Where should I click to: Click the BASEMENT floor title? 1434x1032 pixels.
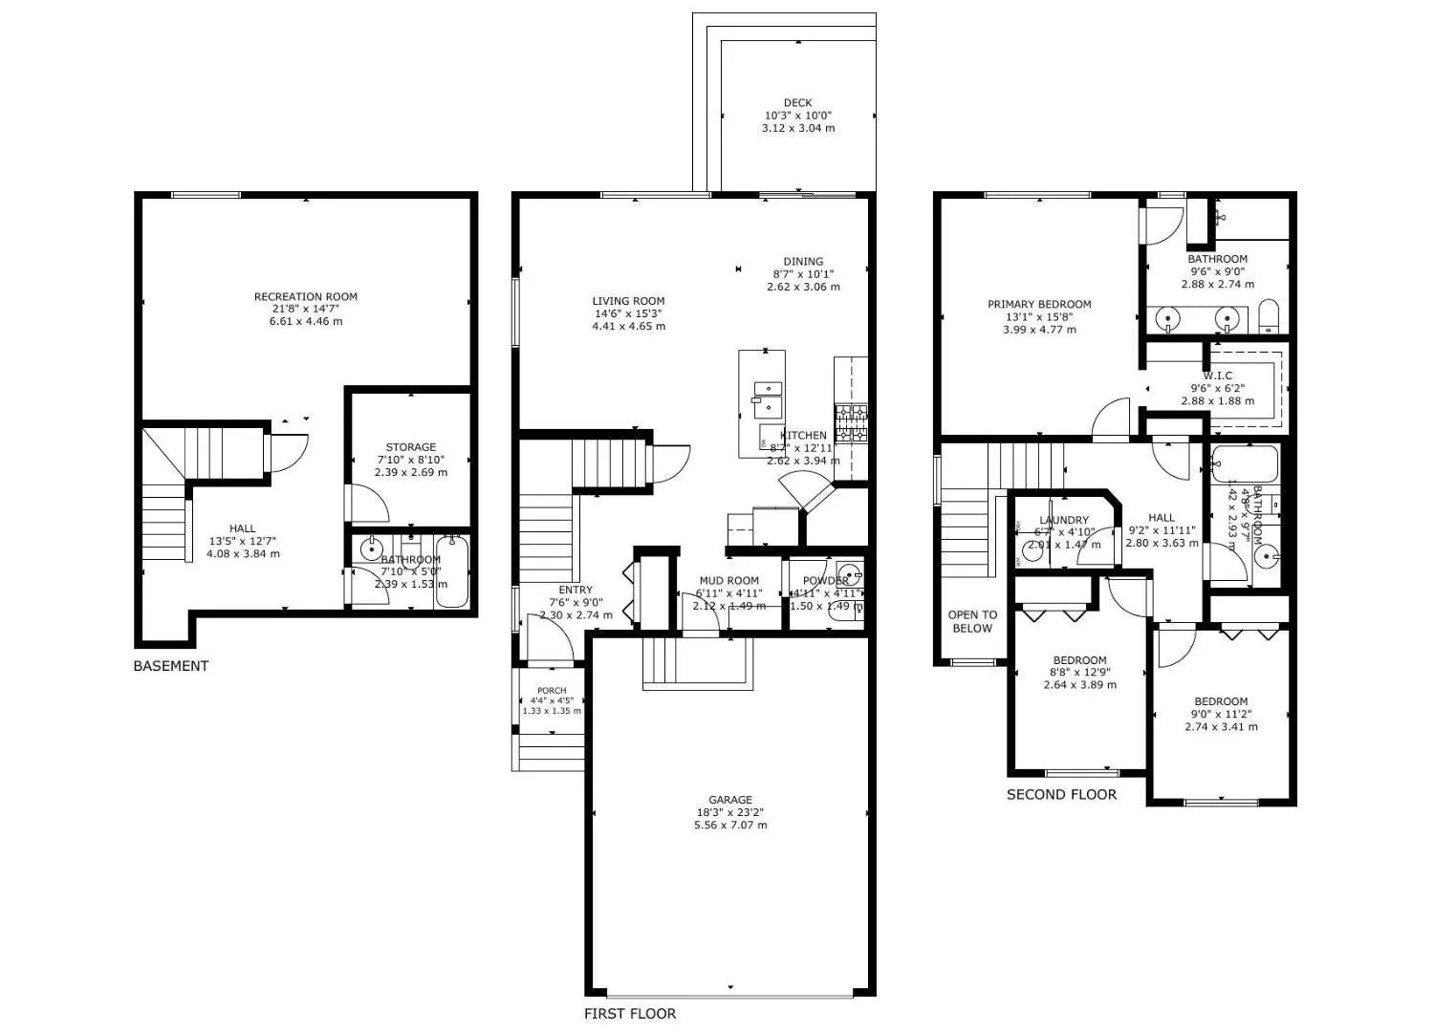170,666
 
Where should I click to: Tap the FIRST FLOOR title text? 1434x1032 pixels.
630,1014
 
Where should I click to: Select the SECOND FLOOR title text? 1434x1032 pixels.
1061,794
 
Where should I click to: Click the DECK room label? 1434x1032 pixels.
797,103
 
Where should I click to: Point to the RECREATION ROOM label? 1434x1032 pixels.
305,296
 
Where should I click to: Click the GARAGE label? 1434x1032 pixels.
730,800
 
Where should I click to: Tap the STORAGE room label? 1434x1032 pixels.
410,447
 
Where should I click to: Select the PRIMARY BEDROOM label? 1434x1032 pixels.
1039,305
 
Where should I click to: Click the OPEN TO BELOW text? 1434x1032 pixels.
972,621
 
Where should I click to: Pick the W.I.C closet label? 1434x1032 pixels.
1218,376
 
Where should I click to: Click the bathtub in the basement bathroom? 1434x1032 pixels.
452,571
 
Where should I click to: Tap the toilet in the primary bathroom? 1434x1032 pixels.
1269,316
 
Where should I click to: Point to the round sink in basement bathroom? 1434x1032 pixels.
371,548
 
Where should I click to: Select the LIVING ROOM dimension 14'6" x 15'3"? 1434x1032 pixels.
628,313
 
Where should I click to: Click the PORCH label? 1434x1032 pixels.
552,691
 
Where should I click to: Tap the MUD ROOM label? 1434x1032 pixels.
728,580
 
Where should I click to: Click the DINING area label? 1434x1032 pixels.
803,262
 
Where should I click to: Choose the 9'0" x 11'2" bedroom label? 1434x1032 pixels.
1221,714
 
